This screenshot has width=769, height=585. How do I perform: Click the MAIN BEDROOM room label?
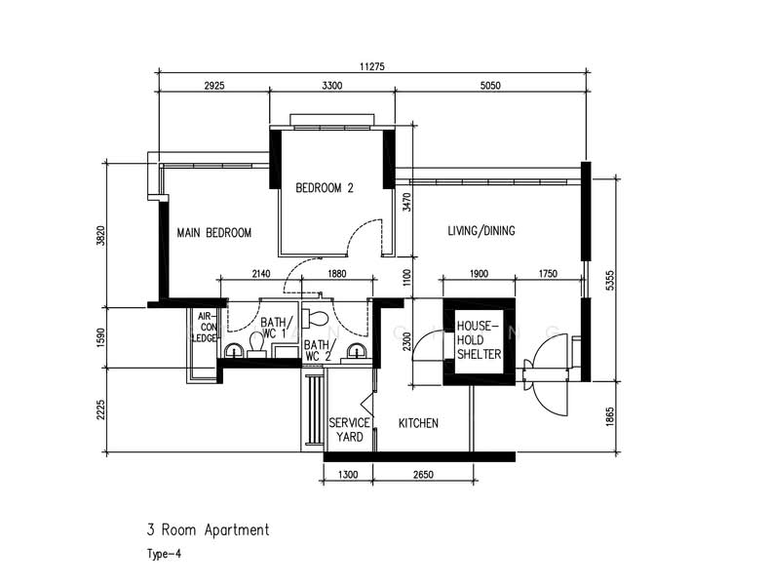point(213,233)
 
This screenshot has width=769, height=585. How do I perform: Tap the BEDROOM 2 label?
point(325,188)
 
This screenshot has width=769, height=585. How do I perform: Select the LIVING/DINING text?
point(481,231)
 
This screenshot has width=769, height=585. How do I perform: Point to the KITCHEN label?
point(418,424)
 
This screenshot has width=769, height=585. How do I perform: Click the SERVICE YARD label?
point(349,430)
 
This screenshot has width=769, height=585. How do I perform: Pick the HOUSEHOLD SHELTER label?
point(478,340)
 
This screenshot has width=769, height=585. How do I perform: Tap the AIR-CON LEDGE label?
point(205,328)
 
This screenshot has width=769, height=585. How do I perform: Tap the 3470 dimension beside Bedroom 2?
point(406,203)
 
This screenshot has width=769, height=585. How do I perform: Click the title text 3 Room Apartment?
point(208,530)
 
